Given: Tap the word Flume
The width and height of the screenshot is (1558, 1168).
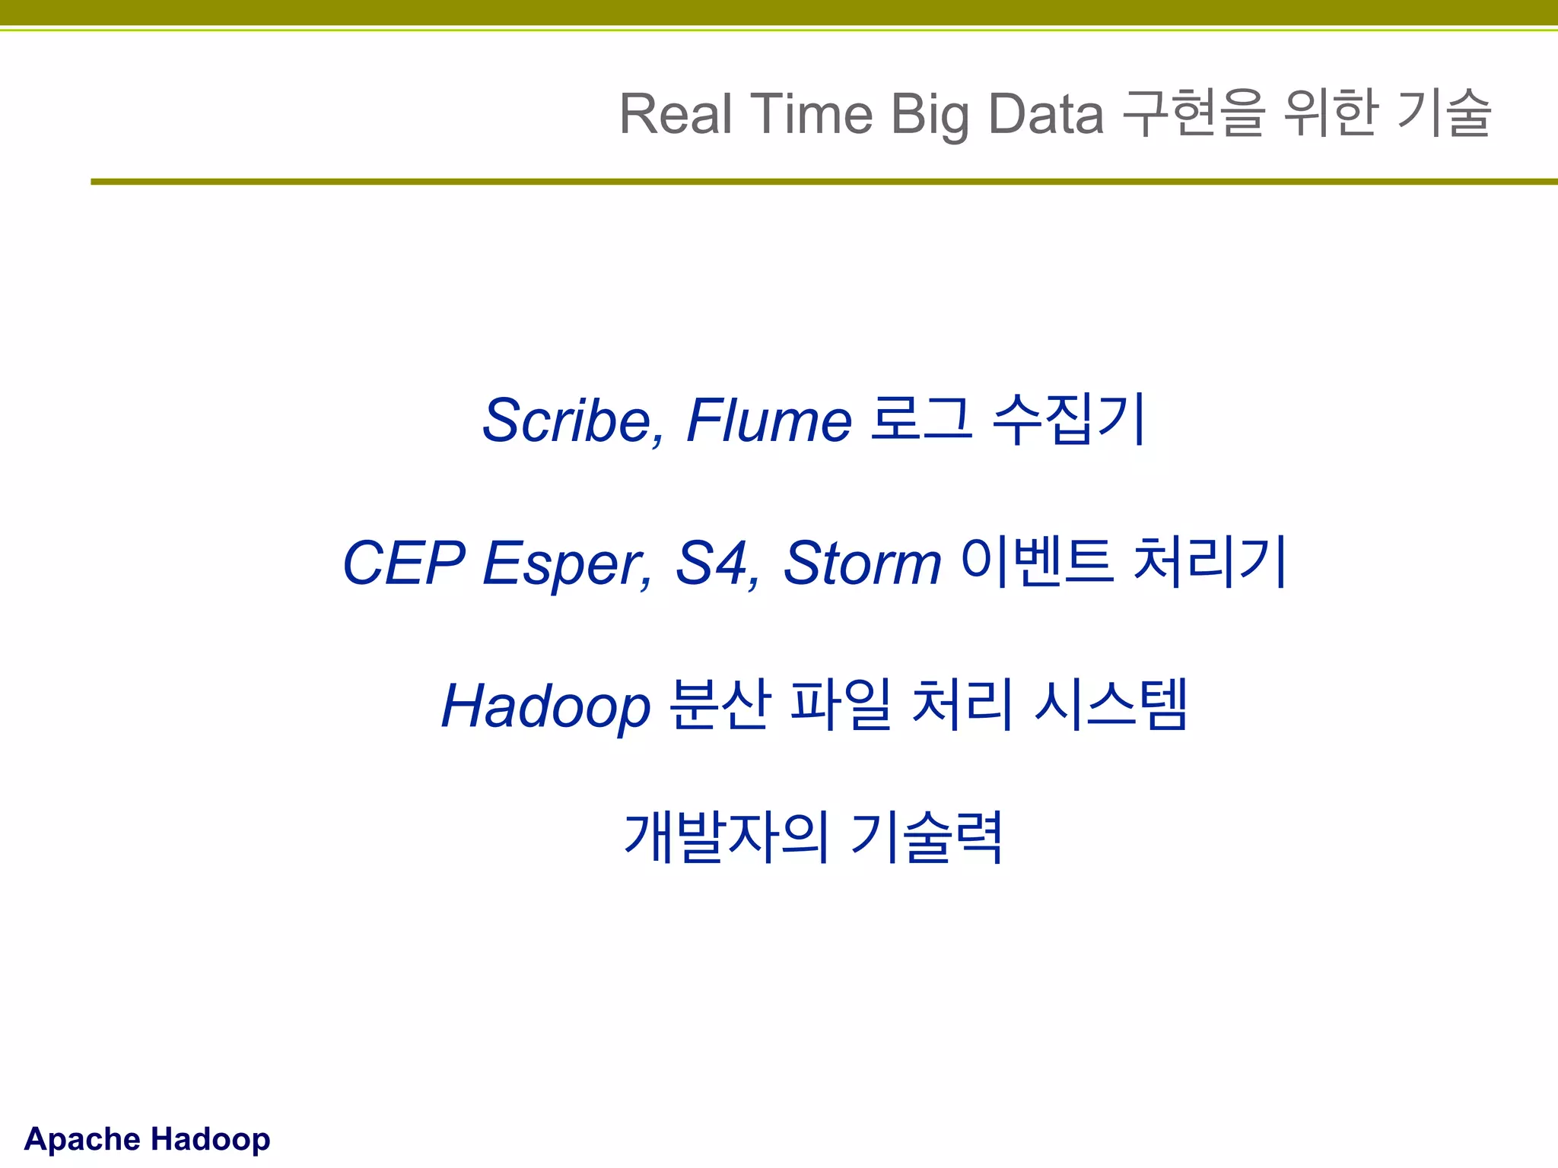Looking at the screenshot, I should coord(768,421).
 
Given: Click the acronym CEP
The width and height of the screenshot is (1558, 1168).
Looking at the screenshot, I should coord(403,563).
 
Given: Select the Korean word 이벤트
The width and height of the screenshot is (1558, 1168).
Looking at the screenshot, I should coord(1038,562).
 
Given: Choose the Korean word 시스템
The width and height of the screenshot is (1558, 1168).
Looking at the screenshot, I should coord(1111,704).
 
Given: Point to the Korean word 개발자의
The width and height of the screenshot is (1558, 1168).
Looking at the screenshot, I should coord(726,837).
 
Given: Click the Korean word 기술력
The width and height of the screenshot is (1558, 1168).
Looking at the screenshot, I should coord(927,837).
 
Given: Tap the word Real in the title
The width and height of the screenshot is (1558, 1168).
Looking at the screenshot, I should coord(676,114).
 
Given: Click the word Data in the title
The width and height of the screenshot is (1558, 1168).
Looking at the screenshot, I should coord(1046,114).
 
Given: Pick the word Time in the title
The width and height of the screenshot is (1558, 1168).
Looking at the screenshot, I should coord(812,114).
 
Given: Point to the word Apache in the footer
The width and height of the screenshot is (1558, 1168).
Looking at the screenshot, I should coord(82,1139).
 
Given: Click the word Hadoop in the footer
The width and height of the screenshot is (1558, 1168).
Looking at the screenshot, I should coord(210,1139).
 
